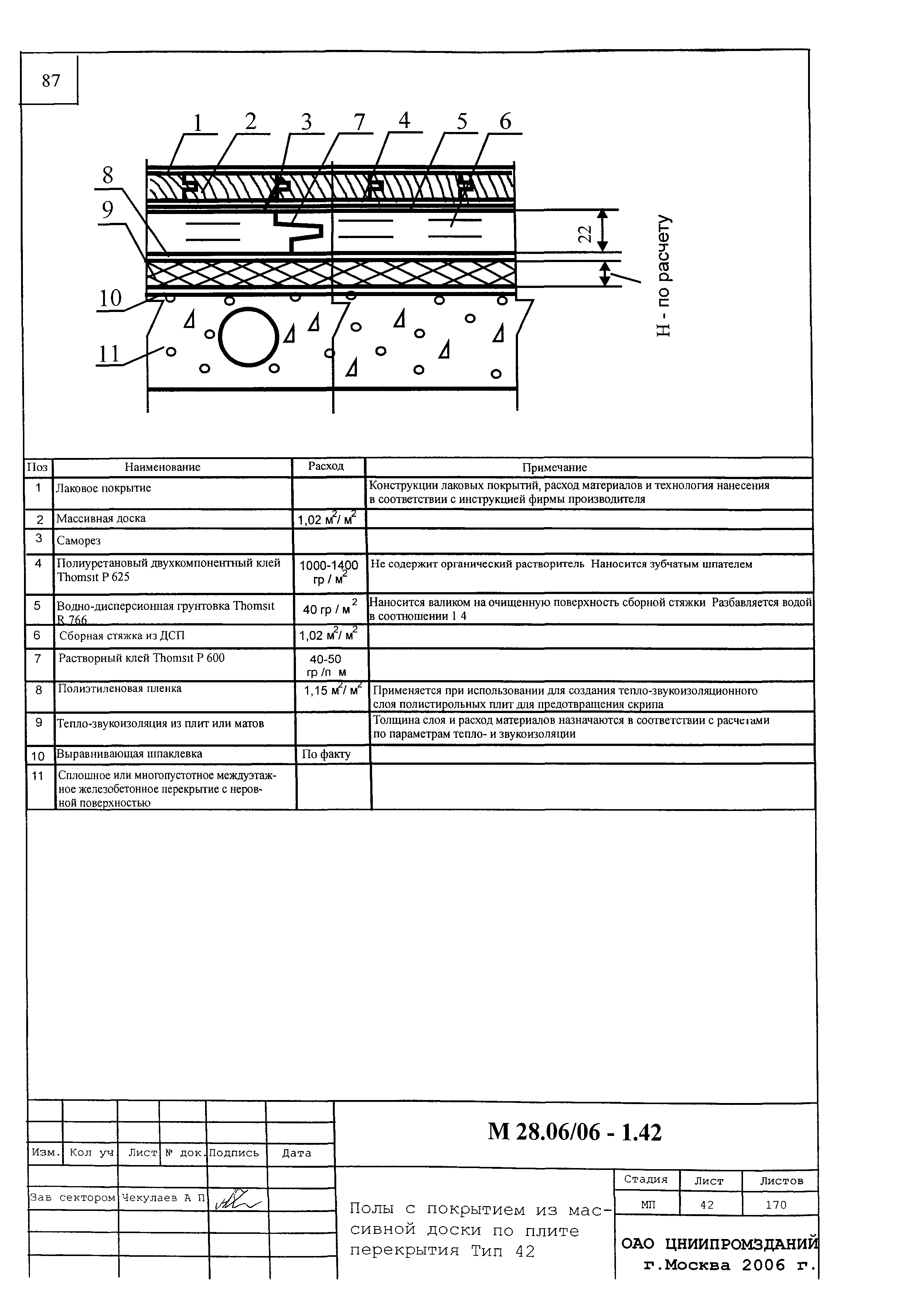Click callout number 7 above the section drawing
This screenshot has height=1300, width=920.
pyautogui.click(x=359, y=122)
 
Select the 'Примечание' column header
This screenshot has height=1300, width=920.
pyautogui.click(x=554, y=468)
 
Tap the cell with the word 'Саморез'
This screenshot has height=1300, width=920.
pyautogui.click(x=79, y=541)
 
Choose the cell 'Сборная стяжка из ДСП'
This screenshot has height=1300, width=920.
pyautogui.click(x=122, y=636)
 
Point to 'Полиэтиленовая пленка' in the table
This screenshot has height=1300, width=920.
pyautogui.click(x=120, y=689)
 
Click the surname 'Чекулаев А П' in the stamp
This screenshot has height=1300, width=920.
pyautogui.click(x=163, y=1198)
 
